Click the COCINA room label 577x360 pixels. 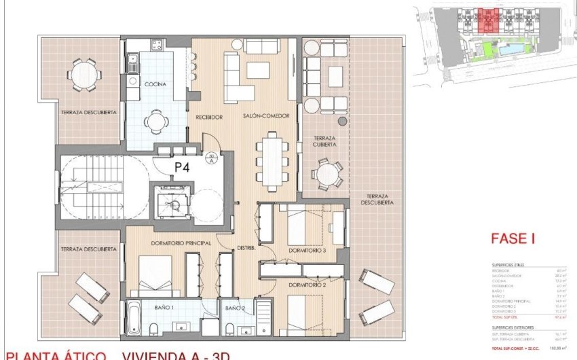click(155, 84)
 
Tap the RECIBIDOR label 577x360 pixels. click(209, 118)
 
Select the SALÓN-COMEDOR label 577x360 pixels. click(262, 118)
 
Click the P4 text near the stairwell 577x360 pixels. click(182, 165)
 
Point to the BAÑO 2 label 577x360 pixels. click(235, 308)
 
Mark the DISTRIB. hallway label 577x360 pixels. click(246, 249)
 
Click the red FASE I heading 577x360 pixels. click(513, 238)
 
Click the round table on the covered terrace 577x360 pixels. click(329, 174)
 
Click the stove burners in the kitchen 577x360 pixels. click(156, 46)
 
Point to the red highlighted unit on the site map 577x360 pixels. click(487, 21)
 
